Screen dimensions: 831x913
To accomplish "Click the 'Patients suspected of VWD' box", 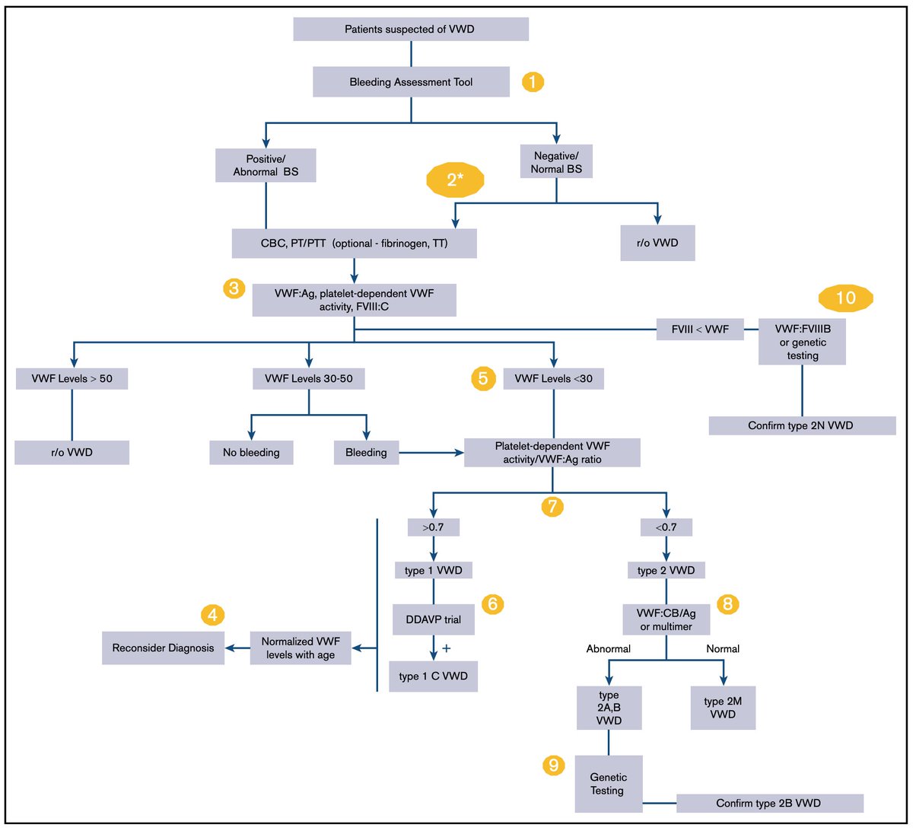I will (x=410, y=30).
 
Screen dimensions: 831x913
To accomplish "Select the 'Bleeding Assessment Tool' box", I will (x=411, y=81).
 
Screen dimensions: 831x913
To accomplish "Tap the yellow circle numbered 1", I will (x=533, y=82).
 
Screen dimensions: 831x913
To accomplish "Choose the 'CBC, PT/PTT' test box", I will (x=354, y=245).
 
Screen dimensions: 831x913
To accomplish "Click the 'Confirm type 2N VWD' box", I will (x=802, y=425).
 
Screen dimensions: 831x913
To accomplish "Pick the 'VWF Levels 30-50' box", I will (x=308, y=378).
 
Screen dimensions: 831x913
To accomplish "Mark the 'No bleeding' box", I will (x=251, y=453).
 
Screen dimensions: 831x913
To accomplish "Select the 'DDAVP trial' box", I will (x=433, y=619).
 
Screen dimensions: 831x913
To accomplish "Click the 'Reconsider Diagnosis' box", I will (x=163, y=648).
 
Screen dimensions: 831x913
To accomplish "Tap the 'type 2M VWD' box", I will (x=723, y=708).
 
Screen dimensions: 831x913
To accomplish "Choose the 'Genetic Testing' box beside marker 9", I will (x=609, y=785).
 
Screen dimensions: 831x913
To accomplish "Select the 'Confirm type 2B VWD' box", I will (x=769, y=804).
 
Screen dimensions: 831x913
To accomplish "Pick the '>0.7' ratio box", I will (x=433, y=526).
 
